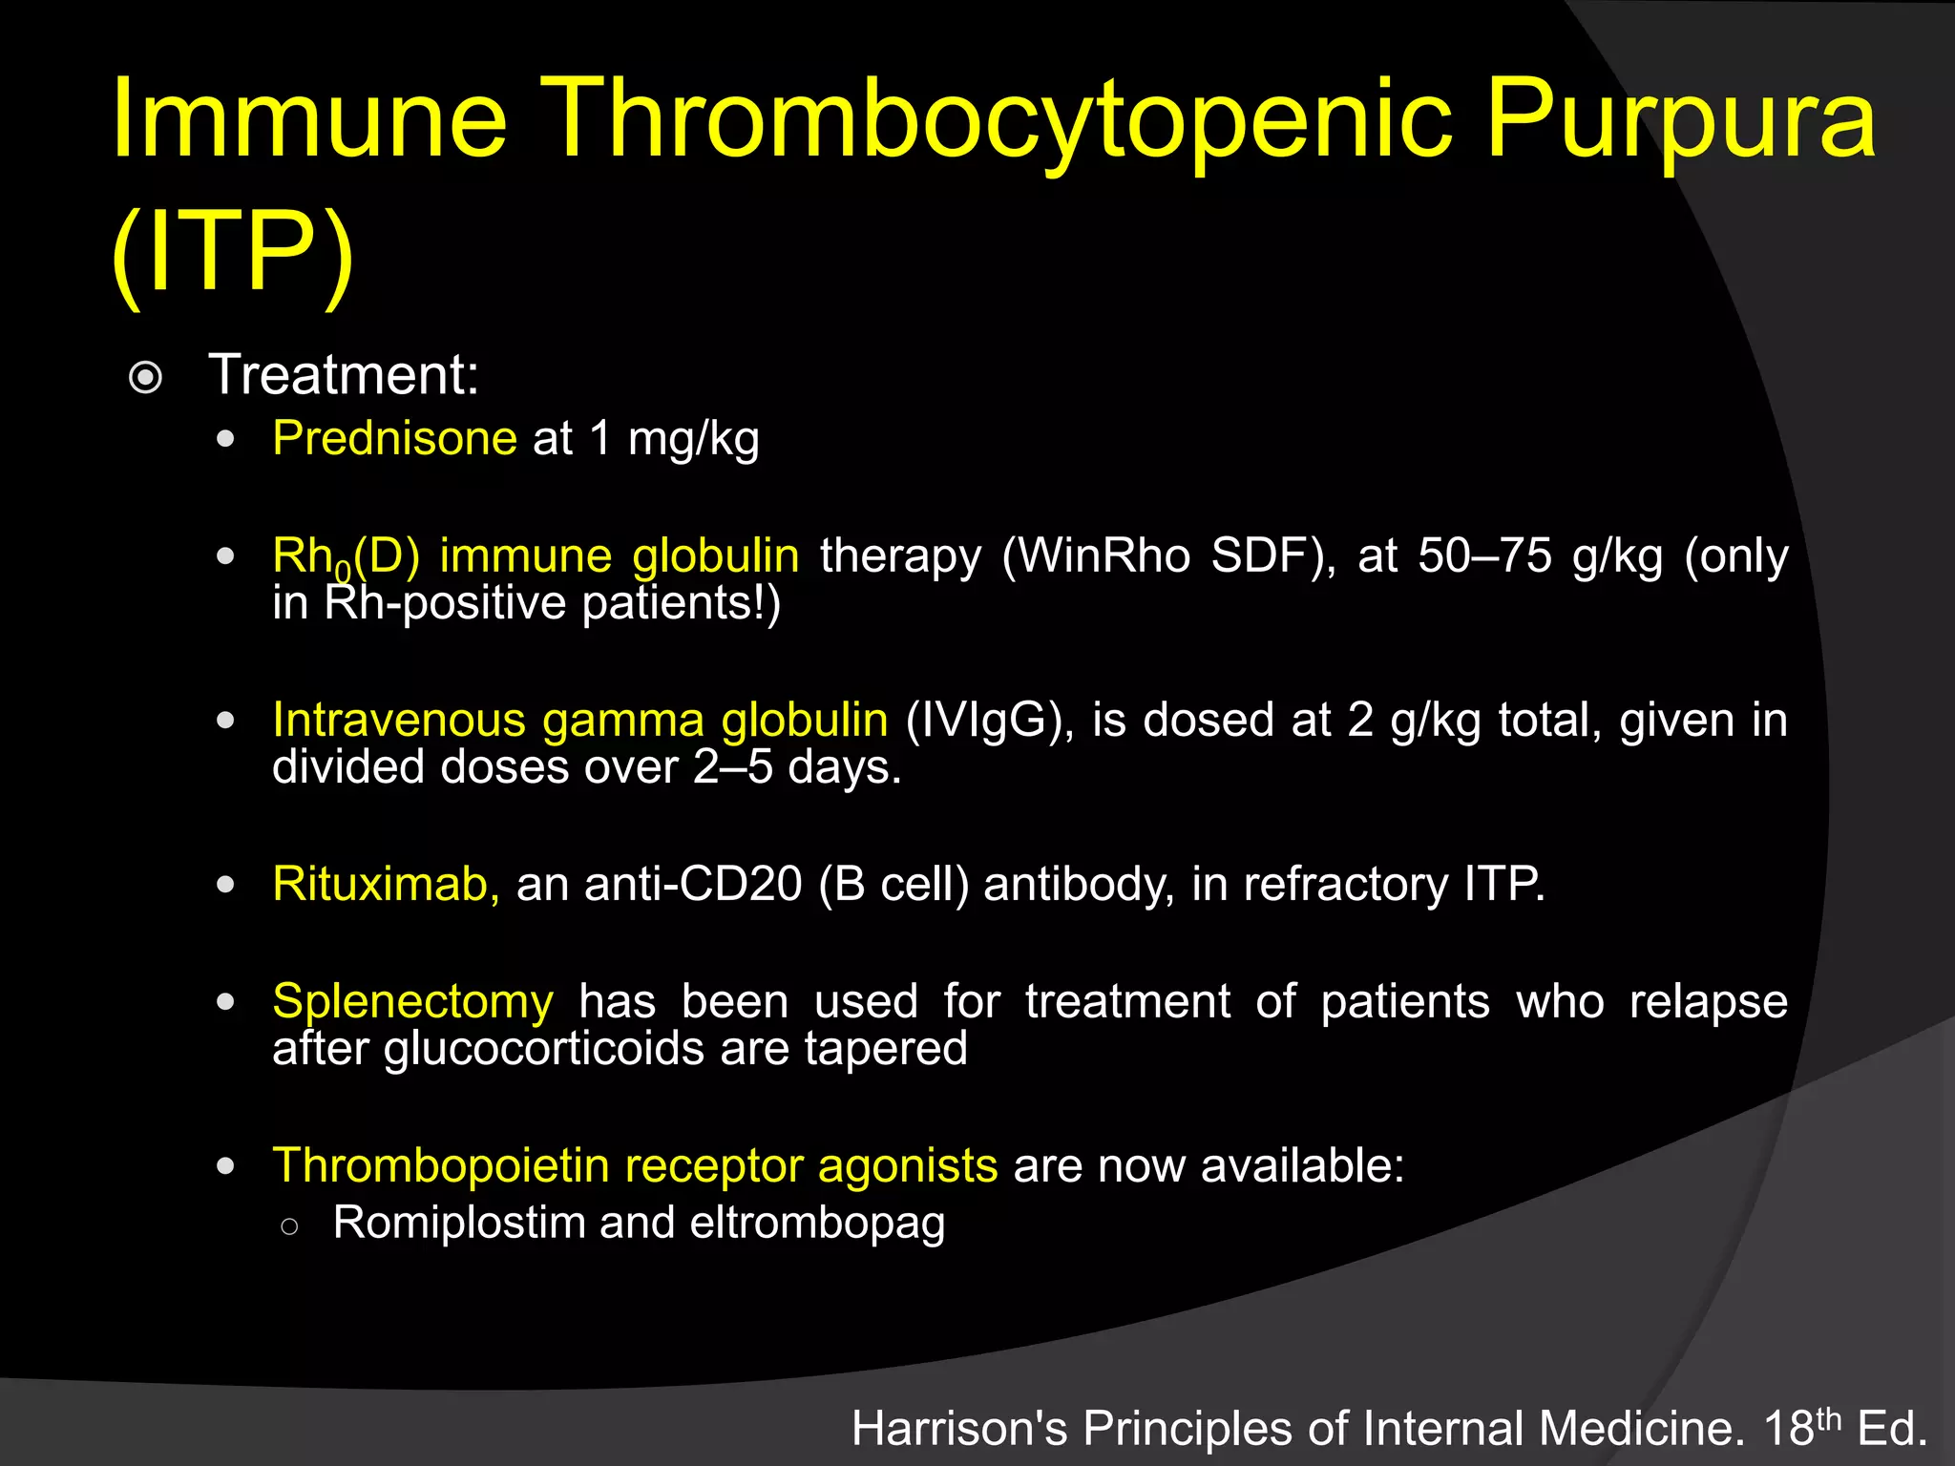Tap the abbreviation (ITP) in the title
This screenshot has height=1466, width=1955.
coord(233,252)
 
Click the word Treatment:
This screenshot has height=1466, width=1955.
coord(344,374)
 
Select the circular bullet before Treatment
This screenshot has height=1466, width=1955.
coord(145,378)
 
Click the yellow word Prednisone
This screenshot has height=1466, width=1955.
coord(394,439)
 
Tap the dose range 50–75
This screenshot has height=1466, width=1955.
coord(1484,555)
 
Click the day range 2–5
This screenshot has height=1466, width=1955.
coord(733,767)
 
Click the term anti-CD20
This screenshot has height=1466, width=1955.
coord(693,884)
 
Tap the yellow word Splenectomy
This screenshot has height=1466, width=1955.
coord(412,1001)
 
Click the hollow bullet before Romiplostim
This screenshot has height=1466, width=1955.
coord(290,1226)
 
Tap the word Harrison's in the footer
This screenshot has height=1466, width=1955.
coord(959,1430)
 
